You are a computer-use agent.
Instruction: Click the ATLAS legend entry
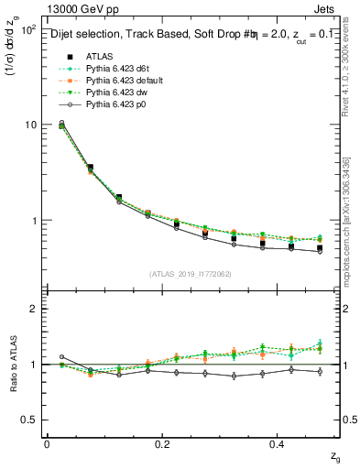pos(100,56)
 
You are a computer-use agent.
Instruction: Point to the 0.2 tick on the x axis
pos(163,443)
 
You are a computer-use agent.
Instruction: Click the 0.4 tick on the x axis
pos(279,443)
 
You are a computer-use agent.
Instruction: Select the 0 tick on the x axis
pos(47,443)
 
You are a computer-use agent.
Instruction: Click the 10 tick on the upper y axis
pos(29,124)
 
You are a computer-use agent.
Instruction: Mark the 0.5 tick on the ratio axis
pos(27,420)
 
